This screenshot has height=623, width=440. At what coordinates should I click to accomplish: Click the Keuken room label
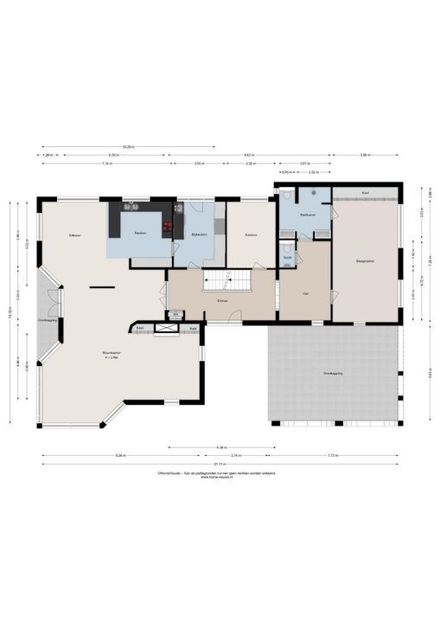click(x=139, y=234)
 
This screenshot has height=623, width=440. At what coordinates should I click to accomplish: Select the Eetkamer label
click(x=75, y=235)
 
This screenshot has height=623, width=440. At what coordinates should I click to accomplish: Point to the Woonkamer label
click(x=110, y=354)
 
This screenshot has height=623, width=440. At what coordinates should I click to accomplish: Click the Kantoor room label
click(x=252, y=234)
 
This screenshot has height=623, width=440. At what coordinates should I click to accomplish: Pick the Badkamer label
click(x=307, y=214)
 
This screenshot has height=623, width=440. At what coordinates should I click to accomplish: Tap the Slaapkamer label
click(x=365, y=260)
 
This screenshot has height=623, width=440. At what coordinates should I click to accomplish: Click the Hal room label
click(x=306, y=294)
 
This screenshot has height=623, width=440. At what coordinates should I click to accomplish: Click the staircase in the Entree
click(x=226, y=281)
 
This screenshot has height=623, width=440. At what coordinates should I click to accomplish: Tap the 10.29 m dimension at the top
click(x=128, y=146)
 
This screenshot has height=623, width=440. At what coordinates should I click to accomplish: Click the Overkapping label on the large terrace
click(x=333, y=373)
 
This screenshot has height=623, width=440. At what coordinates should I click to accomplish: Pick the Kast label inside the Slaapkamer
click(x=366, y=192)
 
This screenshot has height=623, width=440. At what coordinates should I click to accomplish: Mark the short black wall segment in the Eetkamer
click(x=101, y=286)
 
